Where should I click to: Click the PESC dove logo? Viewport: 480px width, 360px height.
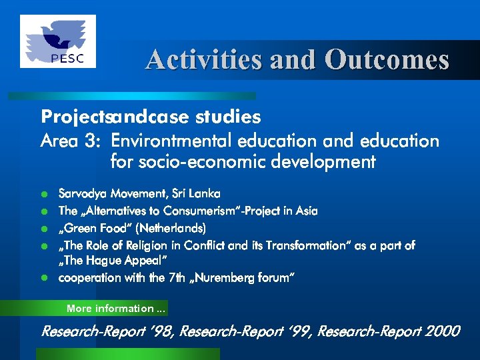(x=58, y=41)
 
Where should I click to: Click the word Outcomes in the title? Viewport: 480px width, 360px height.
(x=387, y=60)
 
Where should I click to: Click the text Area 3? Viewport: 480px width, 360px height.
(x=71, y=141)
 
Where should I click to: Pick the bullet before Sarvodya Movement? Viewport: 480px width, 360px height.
(x=45, y=195)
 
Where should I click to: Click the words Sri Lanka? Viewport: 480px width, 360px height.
(x=196, y=193)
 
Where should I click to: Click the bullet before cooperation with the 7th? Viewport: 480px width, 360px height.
(x=45, y=278)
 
